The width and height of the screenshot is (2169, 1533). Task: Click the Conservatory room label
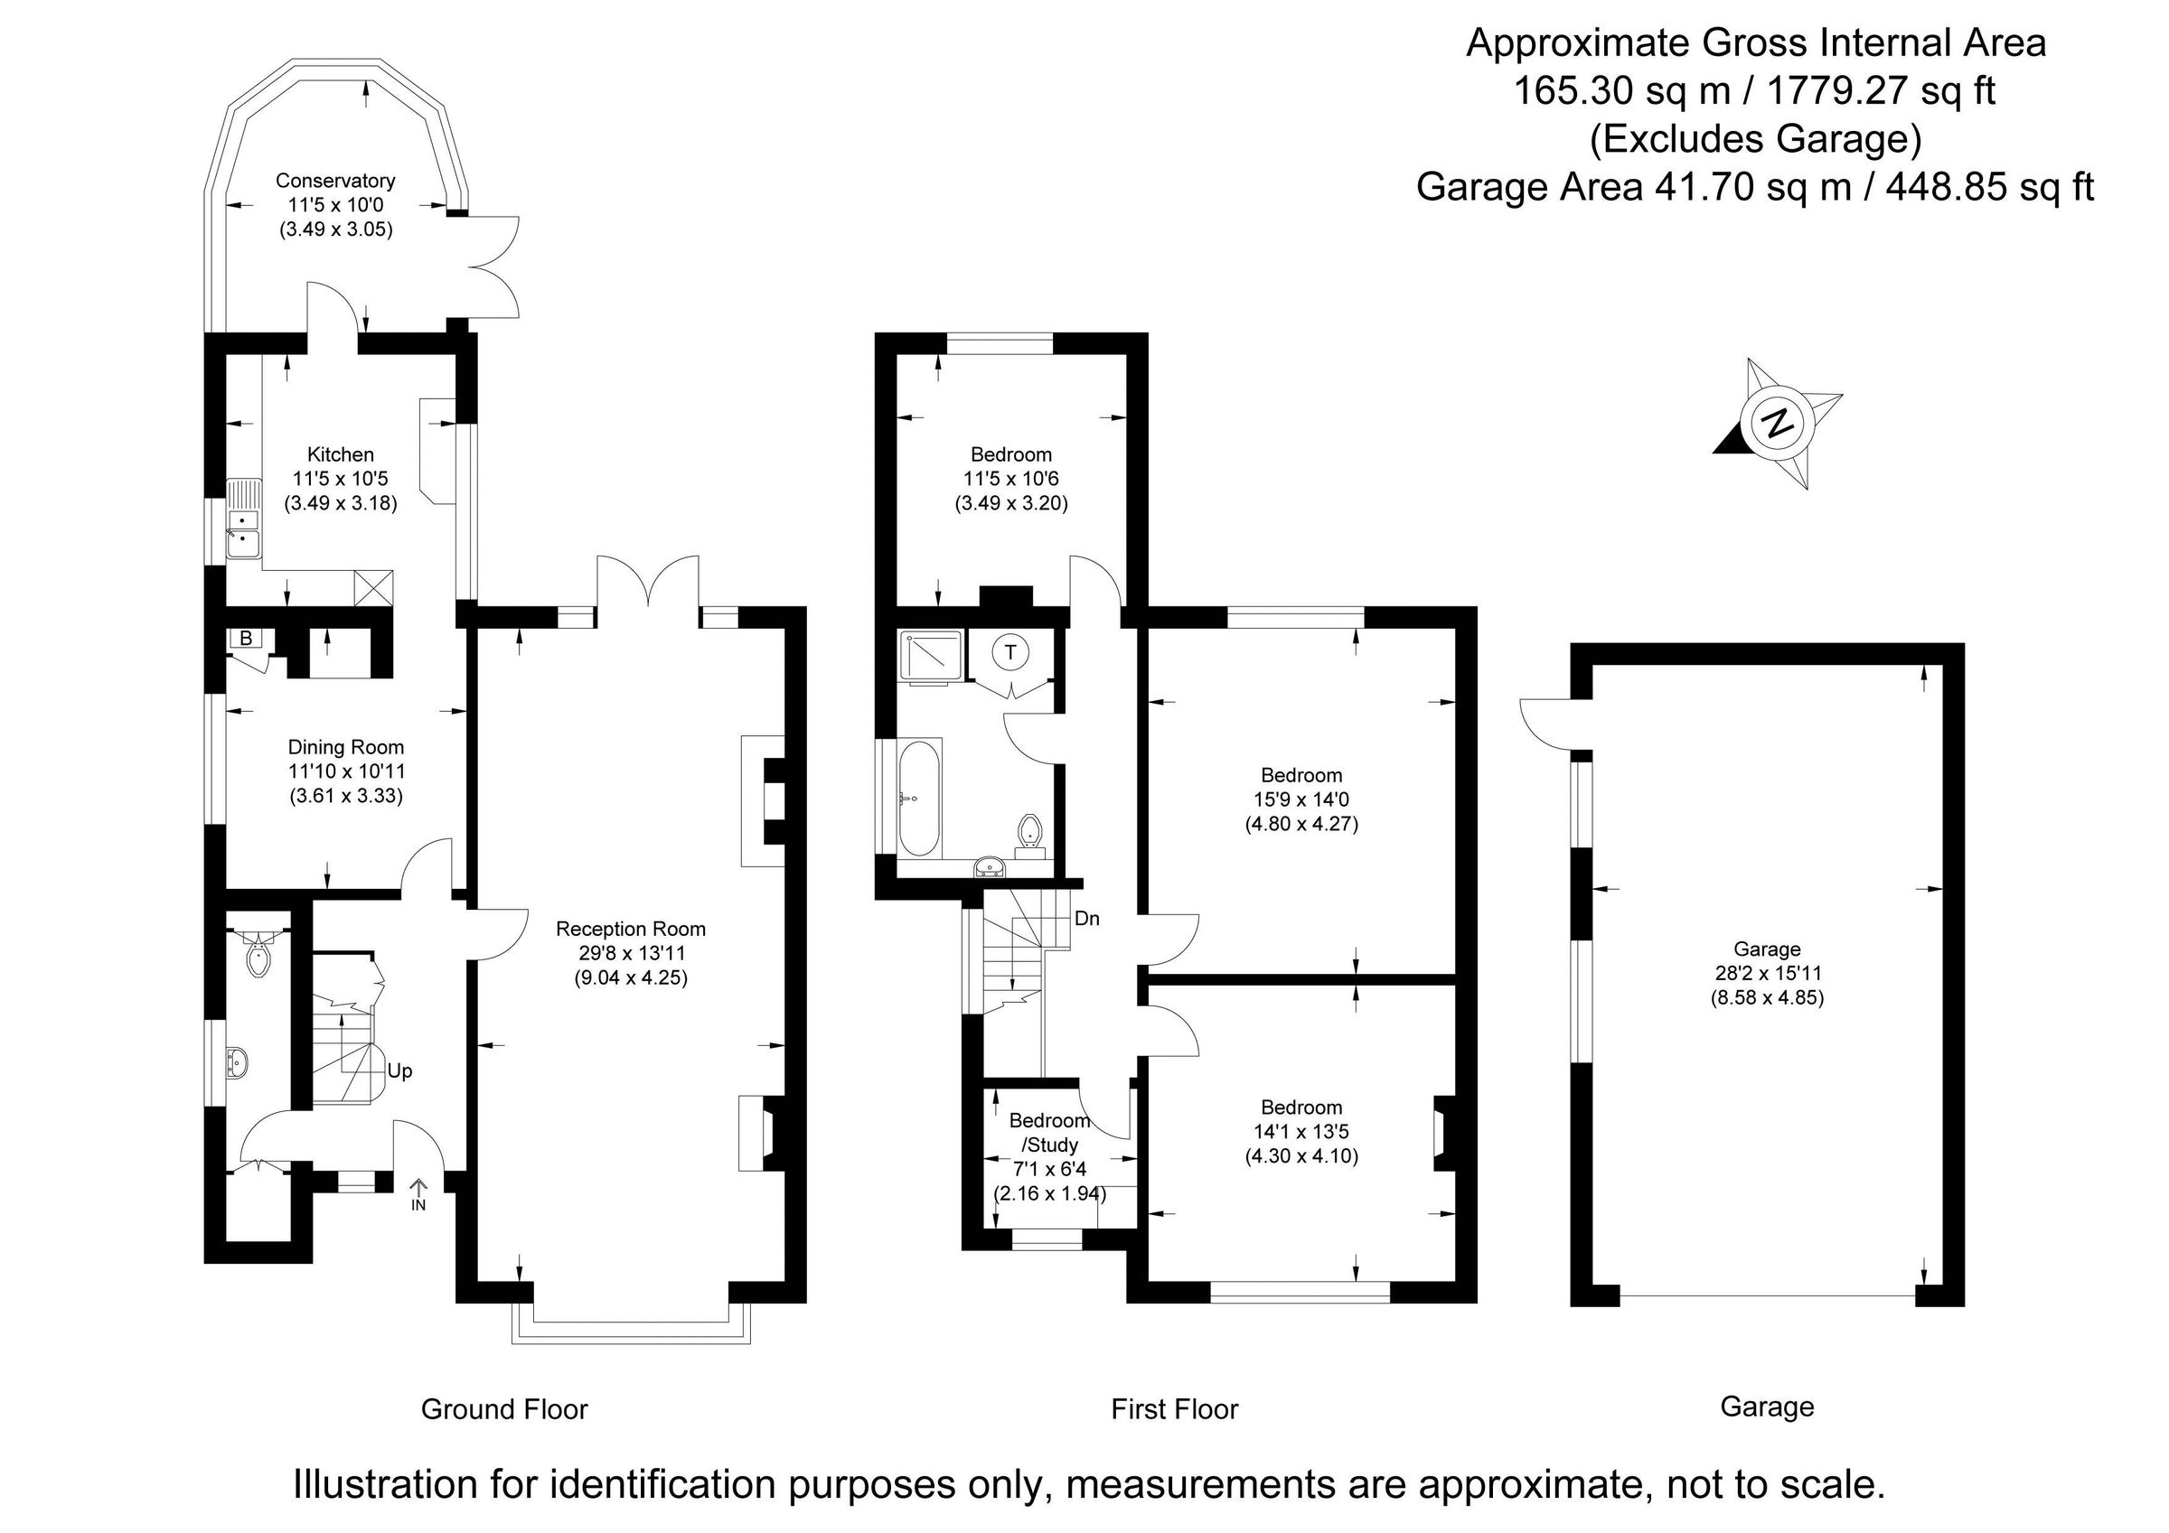pyautogui.click(x=334, y=181)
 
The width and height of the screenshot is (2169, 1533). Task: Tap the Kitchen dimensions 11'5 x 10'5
pyautogui.click(x=340, y=479)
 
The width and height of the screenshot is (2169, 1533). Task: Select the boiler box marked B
pyautogui.click(x=246, y=639)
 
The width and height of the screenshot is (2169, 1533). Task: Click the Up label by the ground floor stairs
pyautogui.click(x=399, y=1071)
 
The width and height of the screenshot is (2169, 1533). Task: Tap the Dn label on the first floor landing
pyautogui.click(x=1086, y=918)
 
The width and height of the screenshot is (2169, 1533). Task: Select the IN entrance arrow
pyautogui.click(x=418, y=1193)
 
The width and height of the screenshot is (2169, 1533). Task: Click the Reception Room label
pyautogui.click(x=630, y=929)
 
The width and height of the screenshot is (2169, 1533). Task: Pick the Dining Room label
pyautogui.click(x=346, y=747)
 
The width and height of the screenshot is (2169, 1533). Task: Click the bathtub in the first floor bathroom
pyautogui.click(x=918, y=799)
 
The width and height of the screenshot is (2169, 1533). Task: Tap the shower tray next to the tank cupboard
pyautogui.click(x=933, y=655)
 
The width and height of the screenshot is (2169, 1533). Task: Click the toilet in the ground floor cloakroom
pyautogui.click(x=257, y=959)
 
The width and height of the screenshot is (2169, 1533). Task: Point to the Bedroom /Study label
pyautogui.click(x=1048, y=1133)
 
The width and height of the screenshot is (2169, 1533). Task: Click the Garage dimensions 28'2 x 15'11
pyautogui.click(x=1767, y=973)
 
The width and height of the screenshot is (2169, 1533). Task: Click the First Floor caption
pyautogui.click(x=1173, y=1409)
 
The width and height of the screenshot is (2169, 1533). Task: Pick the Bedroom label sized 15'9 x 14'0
pyautogui.click(x=1300, y=775)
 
